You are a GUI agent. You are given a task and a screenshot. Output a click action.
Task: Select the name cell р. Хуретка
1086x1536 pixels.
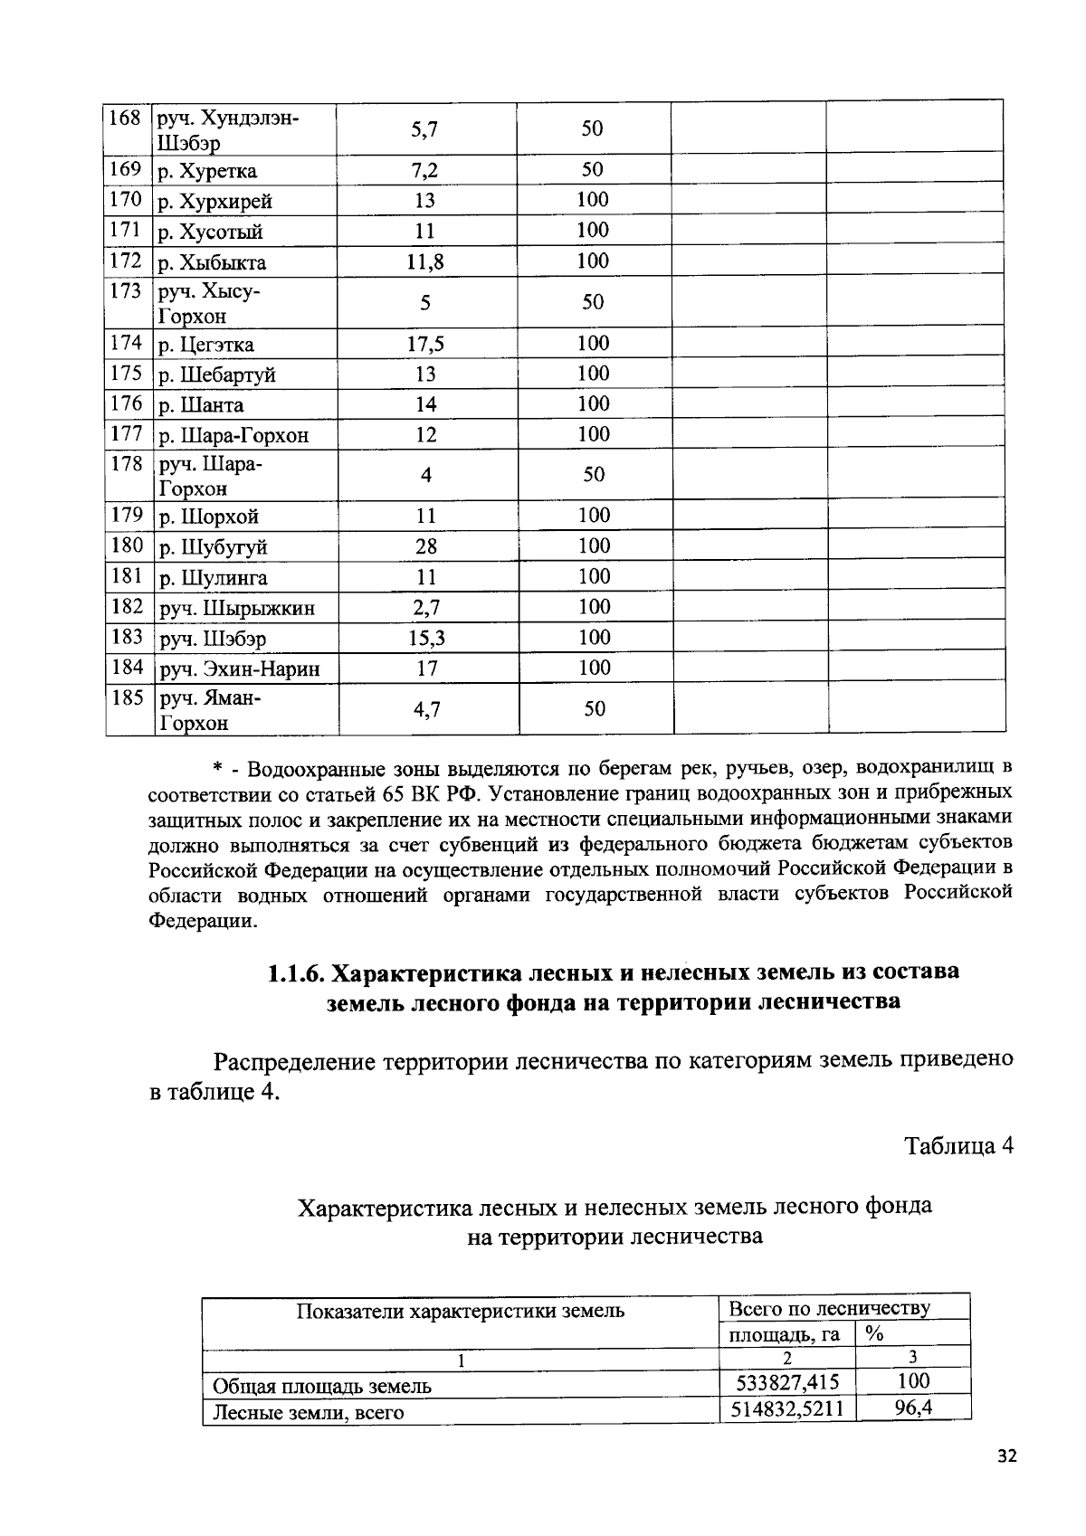[208, 172]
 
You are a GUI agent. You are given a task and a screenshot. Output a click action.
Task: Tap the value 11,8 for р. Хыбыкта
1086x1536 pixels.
[425, 263]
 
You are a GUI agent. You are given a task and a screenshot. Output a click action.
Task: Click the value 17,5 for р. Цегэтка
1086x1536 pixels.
[425, 345]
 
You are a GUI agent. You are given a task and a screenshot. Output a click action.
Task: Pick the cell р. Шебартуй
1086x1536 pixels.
[217, 375]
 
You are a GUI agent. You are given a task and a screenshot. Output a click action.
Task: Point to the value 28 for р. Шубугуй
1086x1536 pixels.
[425, 547]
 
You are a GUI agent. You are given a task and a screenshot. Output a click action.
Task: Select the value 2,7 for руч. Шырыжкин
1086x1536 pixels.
[425, 608]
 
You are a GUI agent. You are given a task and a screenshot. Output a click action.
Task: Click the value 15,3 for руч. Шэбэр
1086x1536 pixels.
[426, 639]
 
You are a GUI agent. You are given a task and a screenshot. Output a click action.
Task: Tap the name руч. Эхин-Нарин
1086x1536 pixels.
[240, 670]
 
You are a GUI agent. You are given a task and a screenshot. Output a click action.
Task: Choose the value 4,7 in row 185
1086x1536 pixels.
[427, 710]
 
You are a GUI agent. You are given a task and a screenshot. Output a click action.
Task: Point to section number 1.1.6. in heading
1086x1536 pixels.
[295, 973]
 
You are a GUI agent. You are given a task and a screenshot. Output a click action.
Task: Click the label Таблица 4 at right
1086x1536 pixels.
[958, 1146]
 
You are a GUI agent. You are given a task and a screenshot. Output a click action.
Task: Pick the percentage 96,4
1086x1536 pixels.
[913, 1408]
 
